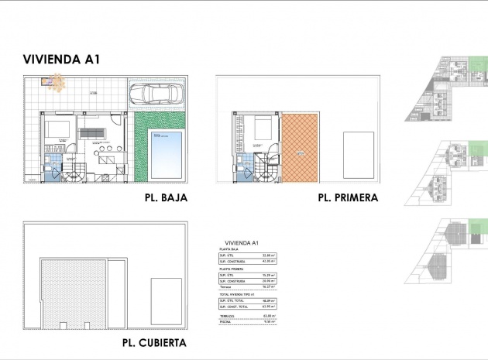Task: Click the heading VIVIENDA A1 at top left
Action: click(x=62, y=59)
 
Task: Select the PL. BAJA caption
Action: click(x=166, y=197)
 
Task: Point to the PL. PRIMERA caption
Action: click(x=348, y=197)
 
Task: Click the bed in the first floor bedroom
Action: click(x=262, y=127)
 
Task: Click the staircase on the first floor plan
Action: click(x=263, y=170)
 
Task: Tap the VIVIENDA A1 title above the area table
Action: click(x=241, y=242)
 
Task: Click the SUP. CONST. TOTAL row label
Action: click(x=232, y=306)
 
